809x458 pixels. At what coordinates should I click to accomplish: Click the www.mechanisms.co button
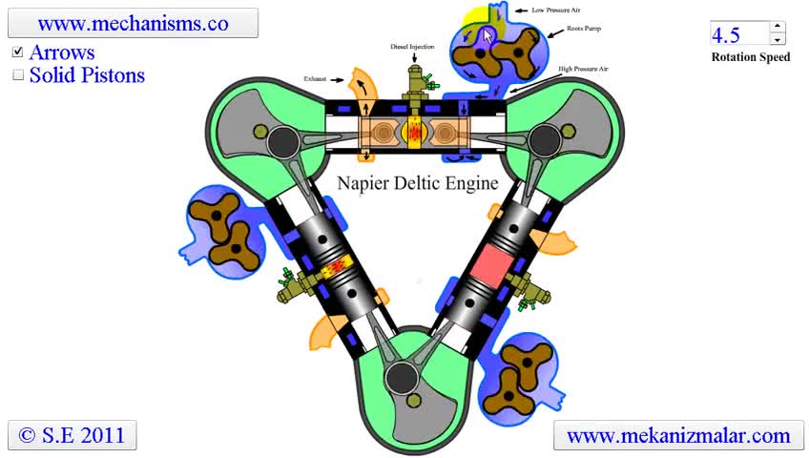[133, 24]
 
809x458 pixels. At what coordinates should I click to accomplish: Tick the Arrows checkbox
[17, 52]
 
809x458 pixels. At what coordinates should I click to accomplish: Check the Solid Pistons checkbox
[17, 75]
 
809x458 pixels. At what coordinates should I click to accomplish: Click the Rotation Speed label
[750, 57]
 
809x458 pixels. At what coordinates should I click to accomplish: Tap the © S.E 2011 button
[72, 435]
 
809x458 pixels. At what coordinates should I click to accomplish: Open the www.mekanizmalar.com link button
[678, 436]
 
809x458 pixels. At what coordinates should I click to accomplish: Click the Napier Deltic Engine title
[418, 182]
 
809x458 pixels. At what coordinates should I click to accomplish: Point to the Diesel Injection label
[412, 47]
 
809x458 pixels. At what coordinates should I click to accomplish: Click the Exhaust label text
[316, 78]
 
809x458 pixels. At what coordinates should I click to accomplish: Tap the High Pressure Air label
[584, 70]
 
